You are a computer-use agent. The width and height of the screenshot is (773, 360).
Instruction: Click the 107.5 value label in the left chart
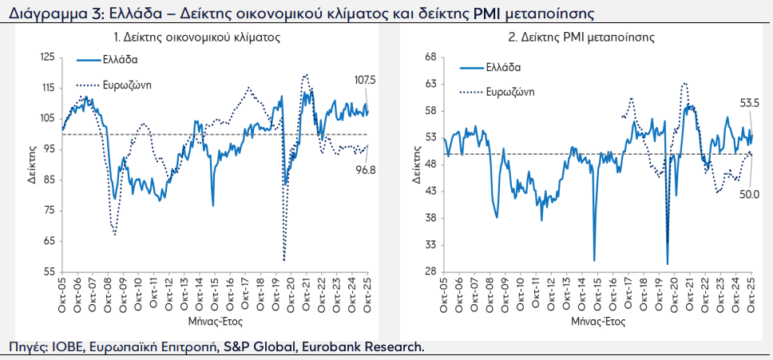click(x=365, y=81)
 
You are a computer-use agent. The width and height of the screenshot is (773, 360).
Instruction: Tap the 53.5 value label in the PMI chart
click(x=749, y=102)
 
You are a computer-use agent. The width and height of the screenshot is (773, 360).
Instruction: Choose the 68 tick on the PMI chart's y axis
click(x=433, y=57)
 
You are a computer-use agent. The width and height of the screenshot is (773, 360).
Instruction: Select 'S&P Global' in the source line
click(x=253, y=346)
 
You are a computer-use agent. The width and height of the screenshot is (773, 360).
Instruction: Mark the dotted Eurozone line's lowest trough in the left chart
click(x=284, y=259)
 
